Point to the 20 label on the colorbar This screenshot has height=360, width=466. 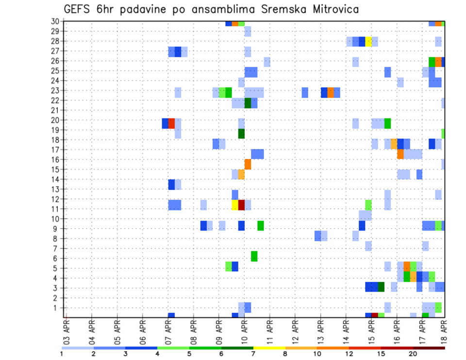click(413, 354)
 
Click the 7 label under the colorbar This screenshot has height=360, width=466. click(253, 354)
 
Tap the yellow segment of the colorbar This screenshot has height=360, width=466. click(269, 348)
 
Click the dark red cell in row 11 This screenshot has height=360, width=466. click(241, 205)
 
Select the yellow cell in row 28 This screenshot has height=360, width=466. click(368, 41)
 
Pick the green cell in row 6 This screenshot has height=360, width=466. click(254, 256)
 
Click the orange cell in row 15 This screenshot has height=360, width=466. click(248, 164)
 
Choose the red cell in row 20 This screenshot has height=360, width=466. click(171, 123)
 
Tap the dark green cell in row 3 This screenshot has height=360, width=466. click(381, 287)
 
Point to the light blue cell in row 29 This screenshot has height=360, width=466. click(248, 32)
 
